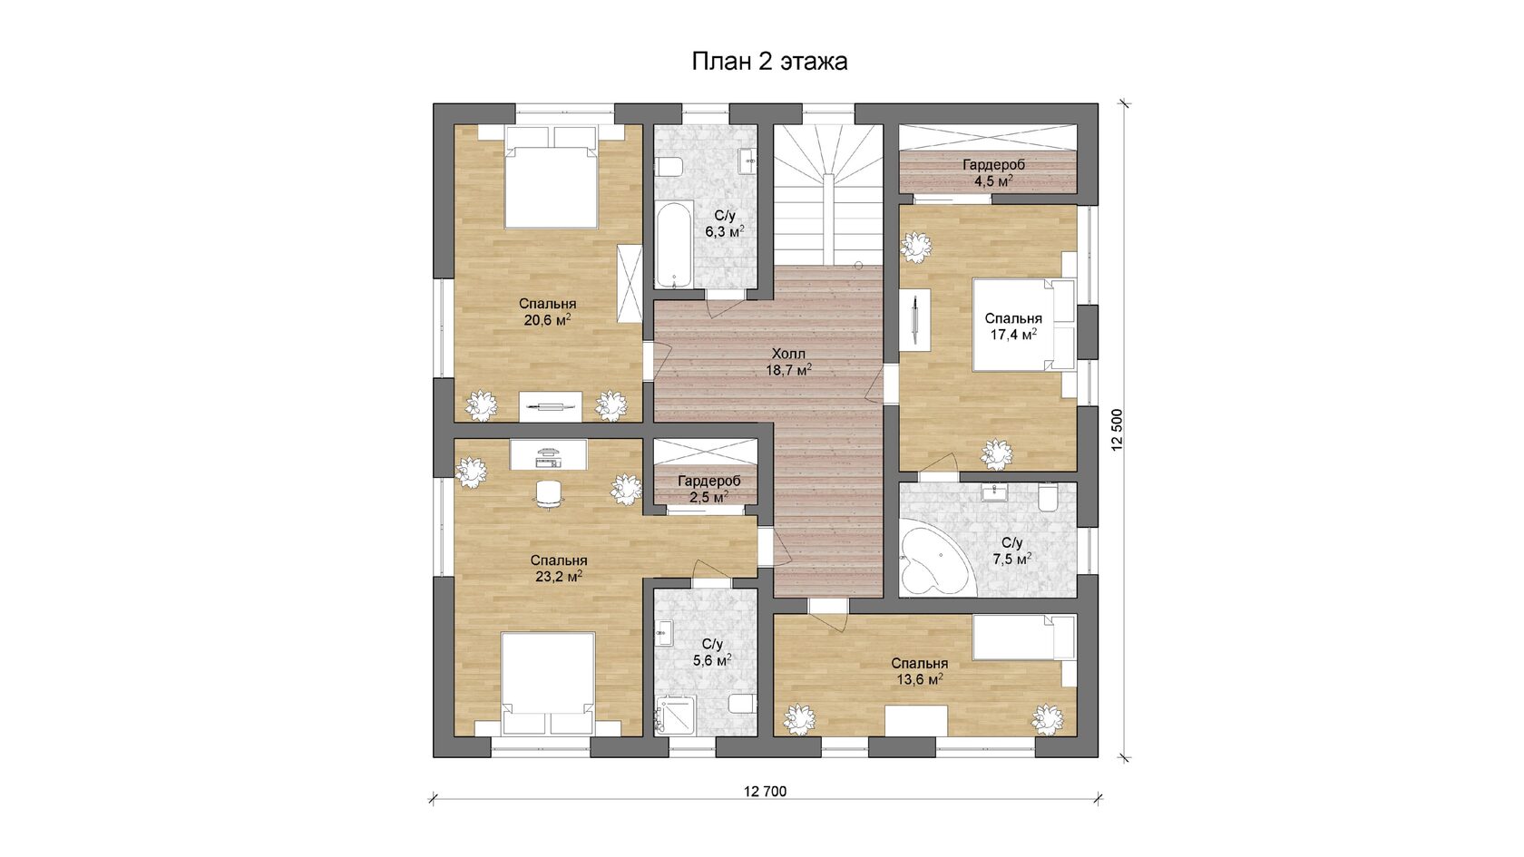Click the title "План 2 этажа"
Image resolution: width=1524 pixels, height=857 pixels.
pos(769,62)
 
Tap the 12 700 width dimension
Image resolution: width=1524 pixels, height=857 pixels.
pos(766,791)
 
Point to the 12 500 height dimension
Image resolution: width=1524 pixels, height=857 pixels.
pos(1117,430)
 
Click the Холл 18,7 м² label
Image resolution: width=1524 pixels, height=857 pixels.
pos(788,362)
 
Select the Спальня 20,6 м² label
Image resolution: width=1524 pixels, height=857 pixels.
pos(548,312)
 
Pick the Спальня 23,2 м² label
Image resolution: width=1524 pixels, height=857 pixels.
pos(559,569)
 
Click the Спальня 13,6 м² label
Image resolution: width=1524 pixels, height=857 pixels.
pos(920,671)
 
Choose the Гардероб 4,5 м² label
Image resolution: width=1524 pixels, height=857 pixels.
pos(993,172)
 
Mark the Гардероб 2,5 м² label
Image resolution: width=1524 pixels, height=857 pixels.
pos(709,488)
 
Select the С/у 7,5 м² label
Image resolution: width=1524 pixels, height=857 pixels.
pos(1012,551)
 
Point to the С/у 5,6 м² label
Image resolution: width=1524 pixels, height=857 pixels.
pos(712,651)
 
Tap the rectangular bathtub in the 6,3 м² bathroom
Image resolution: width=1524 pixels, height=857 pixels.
pos(674,244)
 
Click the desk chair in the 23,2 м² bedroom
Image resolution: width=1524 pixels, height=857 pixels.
pos(548,493)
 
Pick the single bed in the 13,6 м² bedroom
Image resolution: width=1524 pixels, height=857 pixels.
pos(1024,638)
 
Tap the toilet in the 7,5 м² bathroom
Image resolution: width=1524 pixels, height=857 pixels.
pos(1049,498)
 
